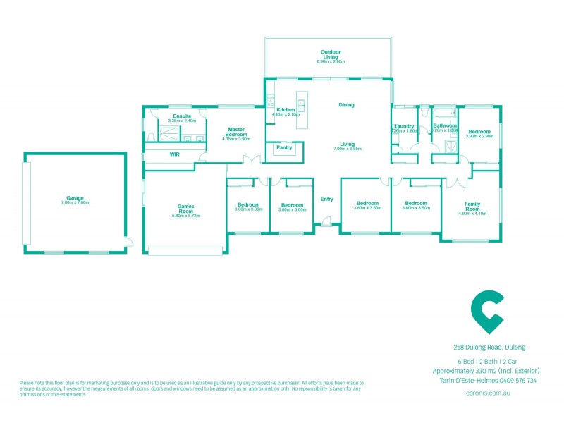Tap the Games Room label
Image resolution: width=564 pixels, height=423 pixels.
pyautogui.click(x=185, y=209)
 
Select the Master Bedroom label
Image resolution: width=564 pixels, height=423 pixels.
pyautogui.click(x=235, y=131)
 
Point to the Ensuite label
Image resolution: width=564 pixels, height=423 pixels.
pyautogui.click(x=172, y=116)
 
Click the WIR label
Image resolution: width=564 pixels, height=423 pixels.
pyautogui.click(x=174, y=154)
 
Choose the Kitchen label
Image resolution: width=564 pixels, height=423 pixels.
pyautogui.click(x=286, y=109)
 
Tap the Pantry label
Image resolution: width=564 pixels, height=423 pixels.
pyautogui.click(x=285, y=147)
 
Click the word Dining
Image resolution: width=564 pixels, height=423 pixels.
pyautogui.click(x=346, y=105)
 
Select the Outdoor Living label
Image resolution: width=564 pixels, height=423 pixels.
pyautogui.click(x=330, y=54)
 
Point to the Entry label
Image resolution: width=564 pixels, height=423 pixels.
pyautogui.click(x=326, y=199)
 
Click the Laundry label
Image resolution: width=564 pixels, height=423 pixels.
pyautogui.click(x=403, y=126)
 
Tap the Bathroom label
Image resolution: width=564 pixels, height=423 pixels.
pyautogui.click(x=445, y=126)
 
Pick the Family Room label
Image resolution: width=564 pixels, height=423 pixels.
pyautogui.click(x=472, y=206)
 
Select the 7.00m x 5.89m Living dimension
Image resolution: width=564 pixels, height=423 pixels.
pyautogui.click(x=347, y=149)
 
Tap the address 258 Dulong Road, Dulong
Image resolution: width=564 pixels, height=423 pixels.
pyautogui.click(x=489, y=347)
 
